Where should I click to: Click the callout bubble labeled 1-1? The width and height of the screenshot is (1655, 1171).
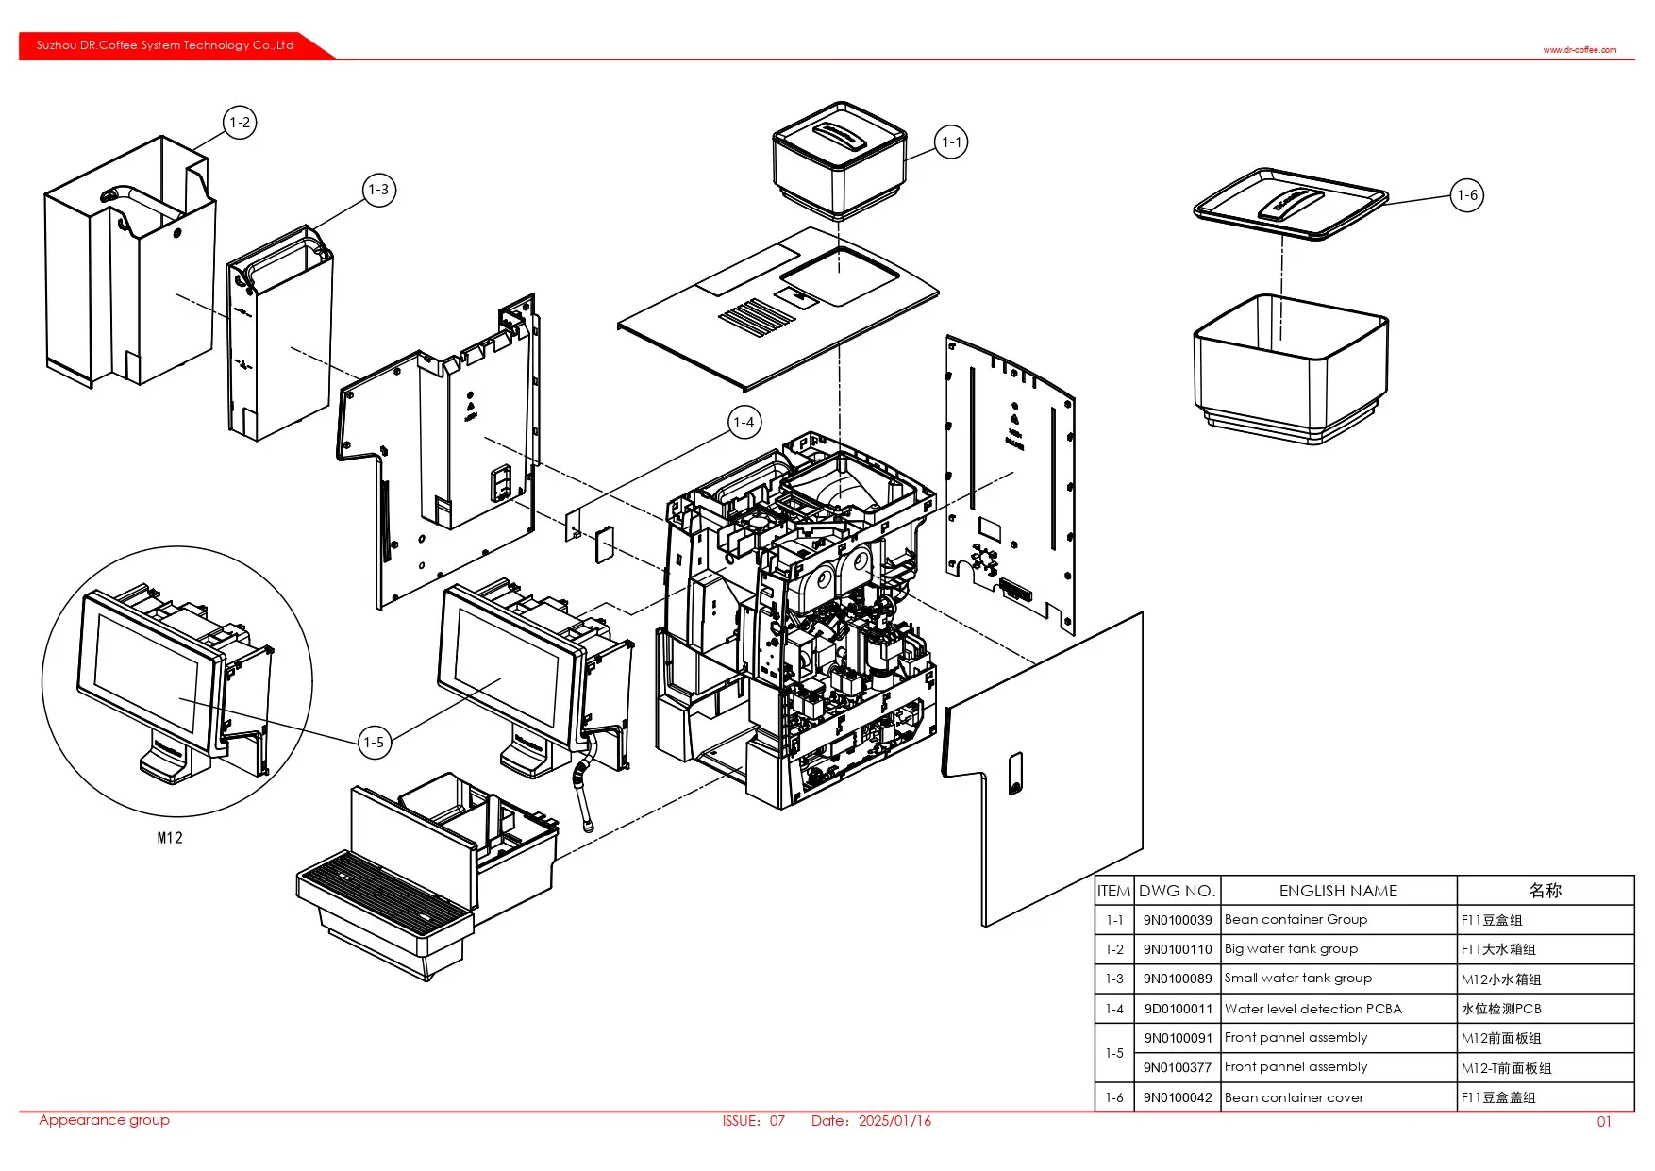[951, 142]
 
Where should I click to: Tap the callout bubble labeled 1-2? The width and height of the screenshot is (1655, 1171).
[240, 123]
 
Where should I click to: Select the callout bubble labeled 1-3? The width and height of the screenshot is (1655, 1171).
[378, 190]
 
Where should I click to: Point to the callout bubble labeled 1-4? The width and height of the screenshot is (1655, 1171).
[744, 423]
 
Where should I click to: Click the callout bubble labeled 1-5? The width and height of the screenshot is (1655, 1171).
[374, 743]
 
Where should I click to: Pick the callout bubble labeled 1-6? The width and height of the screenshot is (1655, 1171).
[1466, 195]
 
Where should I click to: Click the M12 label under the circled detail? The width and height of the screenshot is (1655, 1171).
[170, 838]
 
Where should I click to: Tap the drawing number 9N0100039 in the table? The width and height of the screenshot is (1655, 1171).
[1177, 920]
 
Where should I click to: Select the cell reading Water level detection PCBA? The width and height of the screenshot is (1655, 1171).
[1312, 1009]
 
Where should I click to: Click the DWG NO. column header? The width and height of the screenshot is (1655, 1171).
[1177, 891]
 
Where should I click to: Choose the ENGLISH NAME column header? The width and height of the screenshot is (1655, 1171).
[1338, 891]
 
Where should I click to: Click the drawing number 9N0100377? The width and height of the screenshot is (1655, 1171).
[1177, 1067]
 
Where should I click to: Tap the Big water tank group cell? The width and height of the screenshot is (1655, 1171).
[1291, 948]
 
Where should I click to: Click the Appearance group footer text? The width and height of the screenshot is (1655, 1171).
[104, 1120]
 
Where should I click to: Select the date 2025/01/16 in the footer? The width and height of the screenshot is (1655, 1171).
[894, 1121]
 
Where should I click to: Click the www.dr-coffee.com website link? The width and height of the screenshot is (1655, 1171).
[1580, 50]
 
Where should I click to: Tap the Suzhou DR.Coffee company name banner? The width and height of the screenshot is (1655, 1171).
[165, 45]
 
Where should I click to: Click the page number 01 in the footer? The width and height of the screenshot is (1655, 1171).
[1604, 1122]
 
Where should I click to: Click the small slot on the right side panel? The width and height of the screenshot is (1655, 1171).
[1015, 773]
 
